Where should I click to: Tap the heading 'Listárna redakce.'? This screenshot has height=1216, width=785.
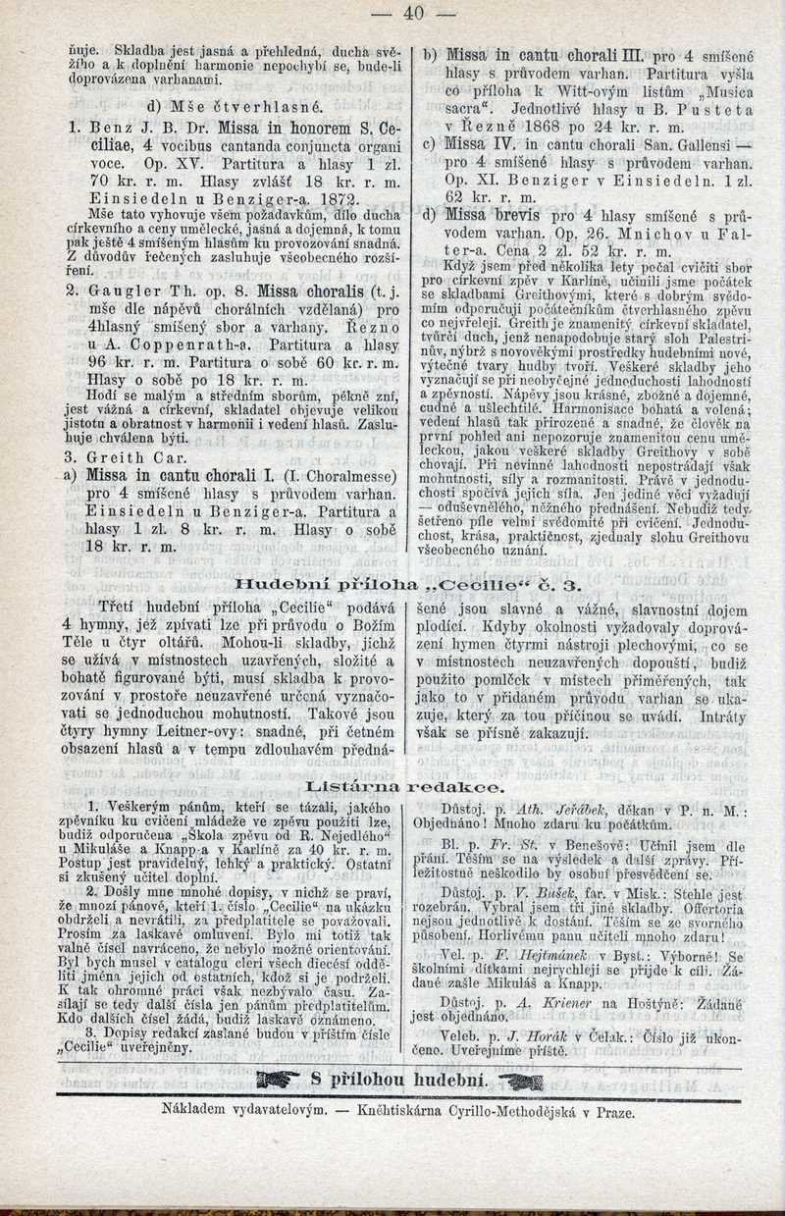tap(405, 786)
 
